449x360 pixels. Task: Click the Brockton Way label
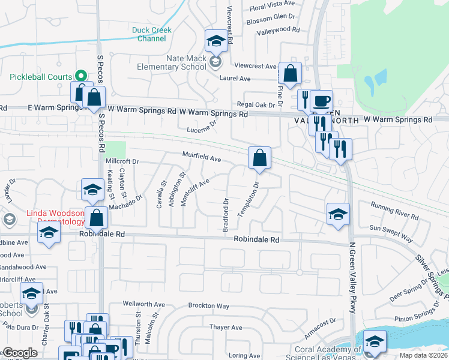[210, 305]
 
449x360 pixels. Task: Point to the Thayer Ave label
[226, 328]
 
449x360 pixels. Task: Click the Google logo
[20, 353]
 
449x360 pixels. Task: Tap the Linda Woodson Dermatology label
[54, 218]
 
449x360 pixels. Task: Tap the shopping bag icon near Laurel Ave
[290, 74]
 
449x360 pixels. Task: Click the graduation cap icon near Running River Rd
[338, 214]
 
